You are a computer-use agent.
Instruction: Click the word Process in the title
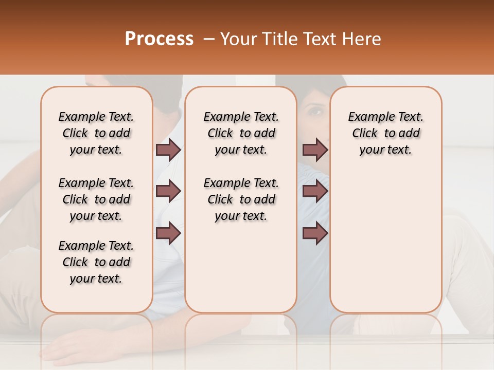[x=159, y=39]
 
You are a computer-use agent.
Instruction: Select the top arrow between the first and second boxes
[x=168, y=150]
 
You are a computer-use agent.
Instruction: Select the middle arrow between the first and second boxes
[x=168, y=191]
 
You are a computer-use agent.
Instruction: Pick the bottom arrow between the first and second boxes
[x=168, y=233]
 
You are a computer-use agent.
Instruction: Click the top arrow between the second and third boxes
[x=315, y=150]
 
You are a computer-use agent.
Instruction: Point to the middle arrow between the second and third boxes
[x=315, y=191]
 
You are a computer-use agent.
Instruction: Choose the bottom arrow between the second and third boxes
[x=315, y=233]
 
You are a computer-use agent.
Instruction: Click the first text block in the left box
[x=96, y=133]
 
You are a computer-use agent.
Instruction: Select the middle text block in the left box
[x=96, y=199]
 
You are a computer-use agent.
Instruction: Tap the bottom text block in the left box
[x=96, y=262]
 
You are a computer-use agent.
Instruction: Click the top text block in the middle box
[x=241, y=133]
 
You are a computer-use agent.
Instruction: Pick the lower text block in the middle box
[x=241, y=199]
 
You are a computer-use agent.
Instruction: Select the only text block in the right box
[x=385, y=133]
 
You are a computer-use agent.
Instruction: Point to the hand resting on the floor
[x=67, y=349]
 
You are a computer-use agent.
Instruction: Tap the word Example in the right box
[x=367, y=117]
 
